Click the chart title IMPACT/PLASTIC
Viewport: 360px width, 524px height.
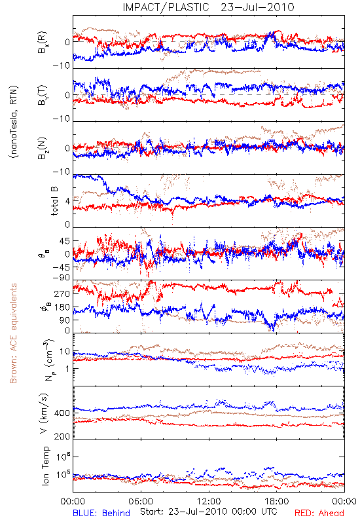166,7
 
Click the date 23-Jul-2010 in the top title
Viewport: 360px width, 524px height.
257,7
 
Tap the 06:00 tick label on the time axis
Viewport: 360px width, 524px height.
141,501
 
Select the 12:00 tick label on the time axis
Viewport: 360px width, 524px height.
209,501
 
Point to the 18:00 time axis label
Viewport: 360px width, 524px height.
277,501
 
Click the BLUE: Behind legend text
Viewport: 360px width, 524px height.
101,513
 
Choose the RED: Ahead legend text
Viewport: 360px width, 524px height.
319,513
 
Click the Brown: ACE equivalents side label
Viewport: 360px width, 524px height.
13,333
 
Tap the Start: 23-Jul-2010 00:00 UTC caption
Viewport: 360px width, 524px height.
209,512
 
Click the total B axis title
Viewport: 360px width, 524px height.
54,201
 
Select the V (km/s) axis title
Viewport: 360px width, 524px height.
44,413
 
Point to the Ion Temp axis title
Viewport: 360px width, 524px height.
45,466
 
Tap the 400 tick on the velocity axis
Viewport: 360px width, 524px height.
62,413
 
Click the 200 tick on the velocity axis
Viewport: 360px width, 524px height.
62,436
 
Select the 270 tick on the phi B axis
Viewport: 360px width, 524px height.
62,293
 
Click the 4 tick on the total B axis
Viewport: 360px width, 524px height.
68,201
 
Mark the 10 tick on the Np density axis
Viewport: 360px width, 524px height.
65,352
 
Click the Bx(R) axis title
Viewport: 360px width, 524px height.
43,43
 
